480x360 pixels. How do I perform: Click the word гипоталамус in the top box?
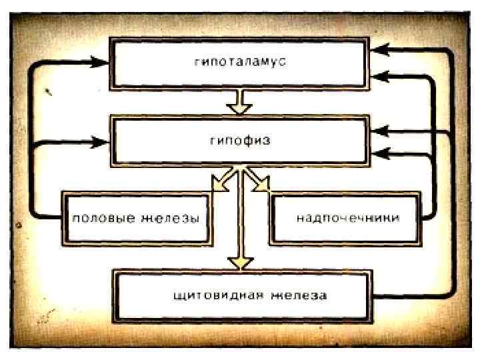click(x=241, y=61)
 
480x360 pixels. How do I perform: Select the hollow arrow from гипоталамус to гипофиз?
click(x=239, y=103)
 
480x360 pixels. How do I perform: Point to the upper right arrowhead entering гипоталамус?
click(x=381, y=49)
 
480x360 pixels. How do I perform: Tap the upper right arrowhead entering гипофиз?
click(x=381, y=131)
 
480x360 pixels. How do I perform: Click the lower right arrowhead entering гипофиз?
click(x=381, y=153)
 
